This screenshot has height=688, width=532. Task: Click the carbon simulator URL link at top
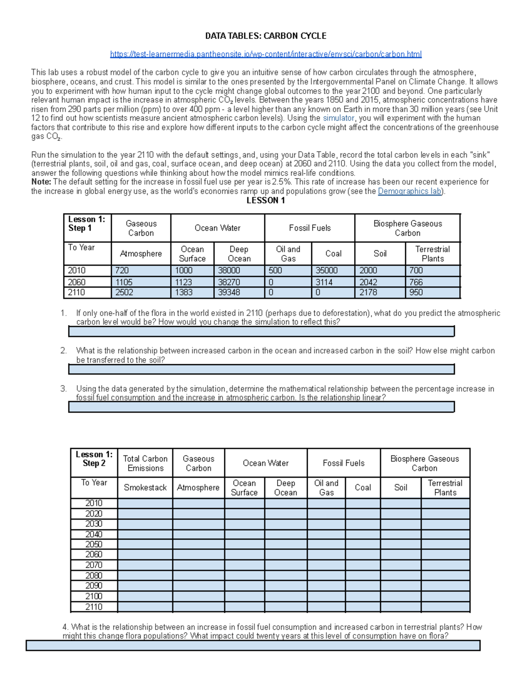(x=266, y=54)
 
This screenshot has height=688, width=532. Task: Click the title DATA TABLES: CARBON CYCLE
(x=266, y=36)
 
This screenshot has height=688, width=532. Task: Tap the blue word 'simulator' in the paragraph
(x=338, y=118)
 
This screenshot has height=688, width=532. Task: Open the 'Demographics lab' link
(x=409, y=191)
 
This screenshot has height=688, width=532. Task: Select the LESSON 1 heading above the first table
(x=266, y=201)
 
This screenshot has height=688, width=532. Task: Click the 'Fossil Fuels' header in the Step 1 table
(x=309, y=228)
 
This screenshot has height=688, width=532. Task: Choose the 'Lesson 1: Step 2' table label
(x=94, y=459)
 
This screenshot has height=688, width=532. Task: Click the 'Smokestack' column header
(x=145, y=487)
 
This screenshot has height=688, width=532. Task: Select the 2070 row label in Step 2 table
(x=94, y=565)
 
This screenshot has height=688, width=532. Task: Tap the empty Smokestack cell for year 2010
(x=145, y=503)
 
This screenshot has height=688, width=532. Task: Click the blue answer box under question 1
(x=261, y=331)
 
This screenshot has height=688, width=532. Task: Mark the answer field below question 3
(x=261, y=407)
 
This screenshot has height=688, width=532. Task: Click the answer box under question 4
(x=253, y=645)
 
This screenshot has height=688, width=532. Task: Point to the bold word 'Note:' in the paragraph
(x=41, y=182)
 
